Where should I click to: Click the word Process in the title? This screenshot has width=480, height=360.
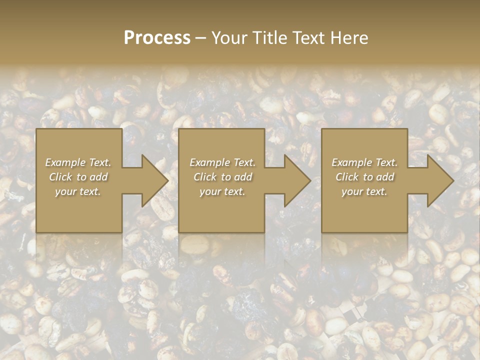pos(157,38)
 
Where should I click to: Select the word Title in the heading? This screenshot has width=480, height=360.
pos(268,38)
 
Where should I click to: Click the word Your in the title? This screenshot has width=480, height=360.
pos(228,38)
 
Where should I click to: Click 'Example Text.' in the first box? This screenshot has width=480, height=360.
pos(78,162)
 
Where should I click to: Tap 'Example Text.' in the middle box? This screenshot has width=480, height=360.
pos(222,162)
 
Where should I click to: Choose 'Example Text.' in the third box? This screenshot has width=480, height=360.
pos(364,162)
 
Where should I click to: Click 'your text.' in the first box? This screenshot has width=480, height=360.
pos(78,191)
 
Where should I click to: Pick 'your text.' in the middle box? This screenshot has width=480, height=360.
pos(222,191)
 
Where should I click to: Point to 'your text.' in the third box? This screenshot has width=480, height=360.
pos(364,191)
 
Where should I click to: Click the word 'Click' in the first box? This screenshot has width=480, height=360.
pos(60,177)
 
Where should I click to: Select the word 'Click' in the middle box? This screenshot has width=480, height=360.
pos(204,177)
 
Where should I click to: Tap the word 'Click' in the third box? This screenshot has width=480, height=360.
pos(346,177)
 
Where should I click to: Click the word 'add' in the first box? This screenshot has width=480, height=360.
pos(99,177)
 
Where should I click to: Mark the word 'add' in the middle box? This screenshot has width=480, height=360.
pos(243,177)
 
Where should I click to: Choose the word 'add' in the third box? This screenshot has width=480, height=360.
pos(385,177)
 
